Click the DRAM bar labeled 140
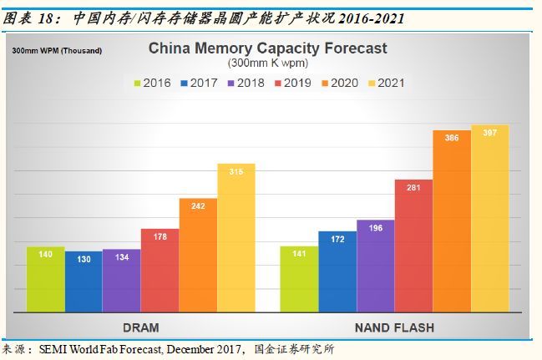[45, 279]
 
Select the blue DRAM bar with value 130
[84, 281]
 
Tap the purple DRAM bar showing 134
[121, 281]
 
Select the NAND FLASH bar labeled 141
[299, 279]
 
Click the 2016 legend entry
[153, 83]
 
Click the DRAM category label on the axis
[140, 327]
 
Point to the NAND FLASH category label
[394, 327]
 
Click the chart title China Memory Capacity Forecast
[267, 48]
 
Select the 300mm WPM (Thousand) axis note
[57, 51]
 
